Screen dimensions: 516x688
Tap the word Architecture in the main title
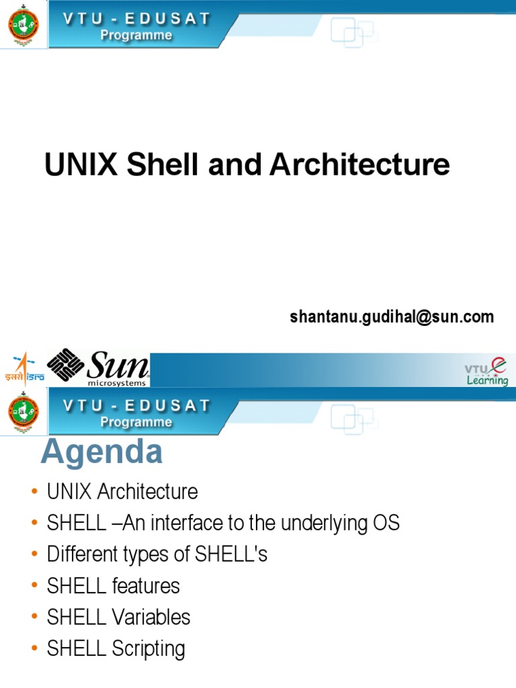[359, 165]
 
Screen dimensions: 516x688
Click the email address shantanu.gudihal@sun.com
[392, 316]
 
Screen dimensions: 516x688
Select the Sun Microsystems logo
[98, 368]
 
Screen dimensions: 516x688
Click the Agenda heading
[101, 452]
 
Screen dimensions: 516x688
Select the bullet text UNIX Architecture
[122, 492]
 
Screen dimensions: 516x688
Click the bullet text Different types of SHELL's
[157, 554]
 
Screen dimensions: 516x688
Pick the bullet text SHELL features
[114, 586]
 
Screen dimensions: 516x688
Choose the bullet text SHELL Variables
[119, 617]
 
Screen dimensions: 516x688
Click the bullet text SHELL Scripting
[116, 648]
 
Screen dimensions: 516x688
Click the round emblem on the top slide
[24, 25]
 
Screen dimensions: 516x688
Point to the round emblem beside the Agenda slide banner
[24, 414]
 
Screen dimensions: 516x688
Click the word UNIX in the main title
[81, 165]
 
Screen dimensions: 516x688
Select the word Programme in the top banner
[136, 36]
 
